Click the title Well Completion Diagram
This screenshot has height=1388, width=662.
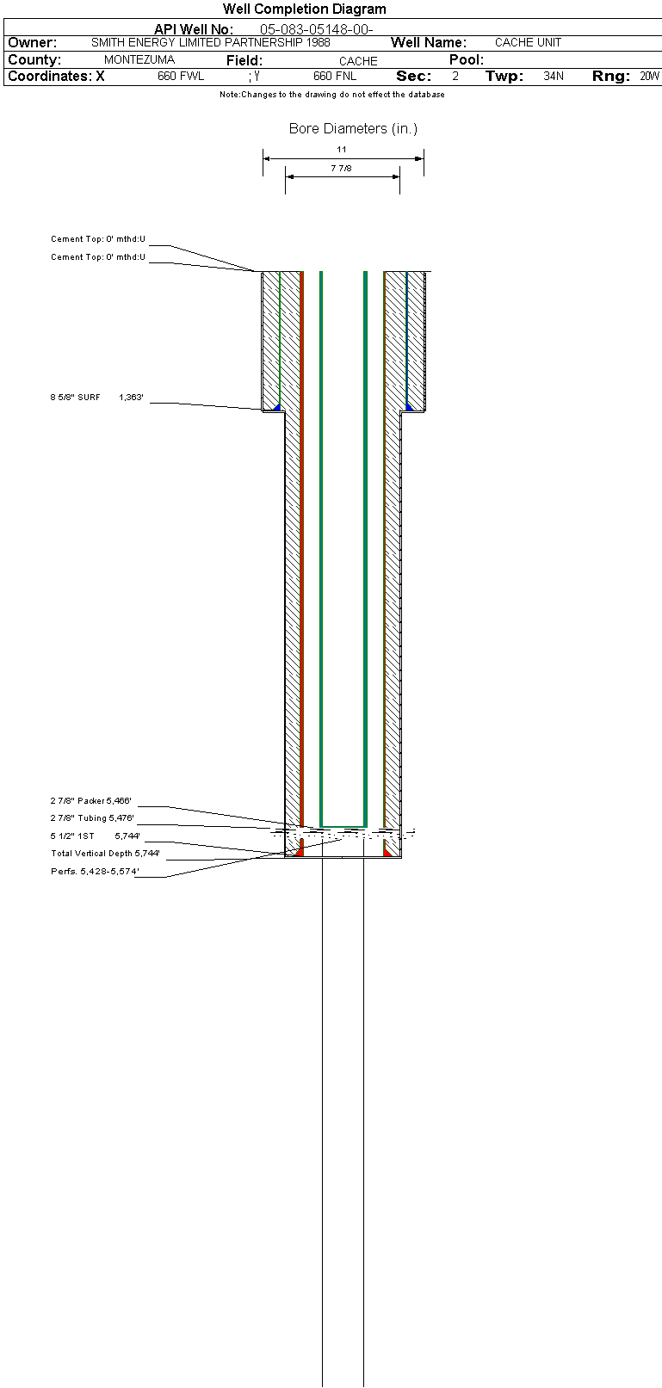[305, 9]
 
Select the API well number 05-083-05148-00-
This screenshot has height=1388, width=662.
[316, 29]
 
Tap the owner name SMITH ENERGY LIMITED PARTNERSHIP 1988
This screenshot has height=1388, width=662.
[211, 42]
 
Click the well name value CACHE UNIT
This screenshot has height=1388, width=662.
[528, 42]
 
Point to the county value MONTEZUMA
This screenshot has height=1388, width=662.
[139, 59]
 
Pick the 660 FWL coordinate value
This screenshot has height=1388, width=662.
[181, 76]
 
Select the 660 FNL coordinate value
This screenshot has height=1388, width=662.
[335, 76]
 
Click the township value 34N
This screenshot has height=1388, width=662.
[554, 76]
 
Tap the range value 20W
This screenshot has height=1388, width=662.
[650, 76]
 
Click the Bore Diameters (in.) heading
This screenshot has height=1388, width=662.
[353, 128]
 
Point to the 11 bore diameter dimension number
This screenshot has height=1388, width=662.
[342, 150]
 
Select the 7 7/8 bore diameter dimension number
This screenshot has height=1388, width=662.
[342, 168]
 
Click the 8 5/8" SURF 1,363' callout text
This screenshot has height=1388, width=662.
[96, 398]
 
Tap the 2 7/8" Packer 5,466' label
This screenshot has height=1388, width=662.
[91, 800]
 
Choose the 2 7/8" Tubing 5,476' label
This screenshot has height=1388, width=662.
[92, 818]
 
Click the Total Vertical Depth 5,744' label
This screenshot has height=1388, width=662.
[105, 854]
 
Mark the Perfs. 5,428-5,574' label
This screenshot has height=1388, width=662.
[95, 871]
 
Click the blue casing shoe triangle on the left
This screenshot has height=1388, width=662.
[278, 407]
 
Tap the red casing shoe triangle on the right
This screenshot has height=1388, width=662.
[387, 853]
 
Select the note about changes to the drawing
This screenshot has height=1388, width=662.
[332, 94]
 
